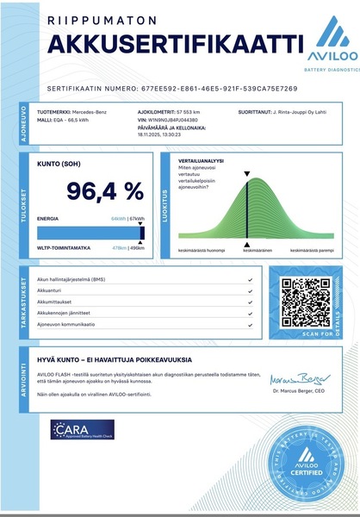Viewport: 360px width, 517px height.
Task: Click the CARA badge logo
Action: [x=82, y=429]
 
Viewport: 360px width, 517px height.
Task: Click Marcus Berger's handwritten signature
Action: [x=293, y=378]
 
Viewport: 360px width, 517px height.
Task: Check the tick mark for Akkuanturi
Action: [x=249, y=290]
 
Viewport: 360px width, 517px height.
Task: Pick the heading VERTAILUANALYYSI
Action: [x=202, y=161]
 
